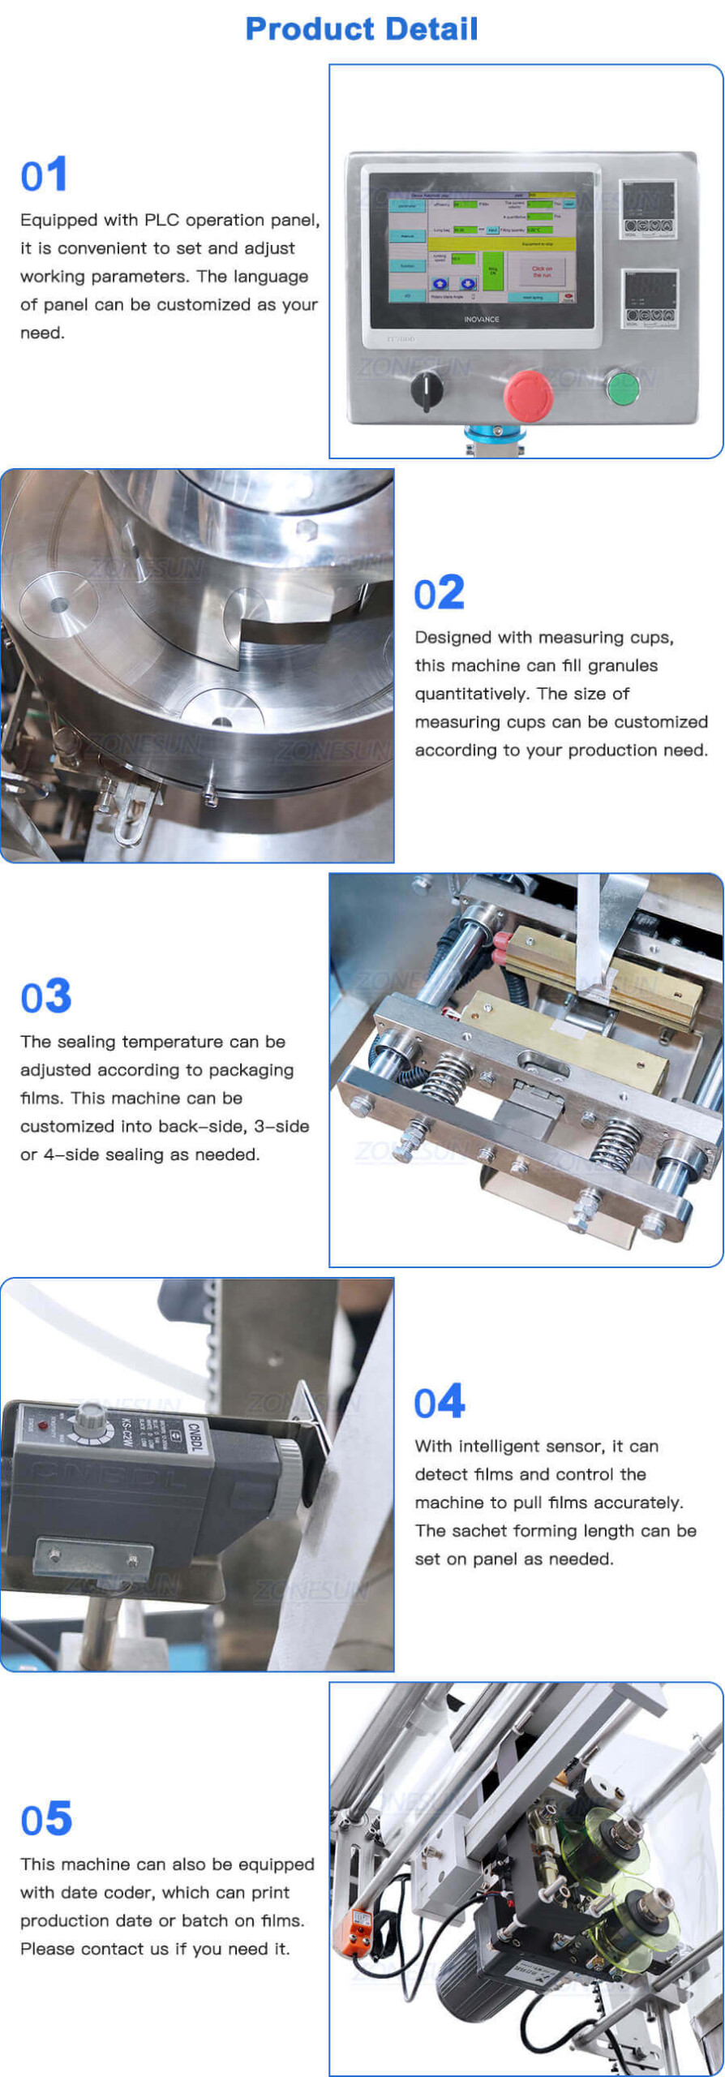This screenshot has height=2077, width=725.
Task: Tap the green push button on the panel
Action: pyautogui.click(x=623, y=387)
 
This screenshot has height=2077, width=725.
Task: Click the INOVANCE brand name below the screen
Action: pyautogui.click(x=482, y=320)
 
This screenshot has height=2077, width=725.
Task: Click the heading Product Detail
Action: pyautogui.click(x=362, y=29)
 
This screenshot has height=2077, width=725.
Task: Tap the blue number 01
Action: pyautogui.click(x=44, y=175)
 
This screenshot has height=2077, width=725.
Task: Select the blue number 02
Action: pyautogui.click(x=439, y=593)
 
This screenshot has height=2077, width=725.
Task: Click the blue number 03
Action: pyautogui.click(x=46, y=996)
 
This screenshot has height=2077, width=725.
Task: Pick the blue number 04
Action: pyautogui.click(x=439, y=1402)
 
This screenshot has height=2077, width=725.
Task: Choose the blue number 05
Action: pyautogui.click(x=46, y=1819)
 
